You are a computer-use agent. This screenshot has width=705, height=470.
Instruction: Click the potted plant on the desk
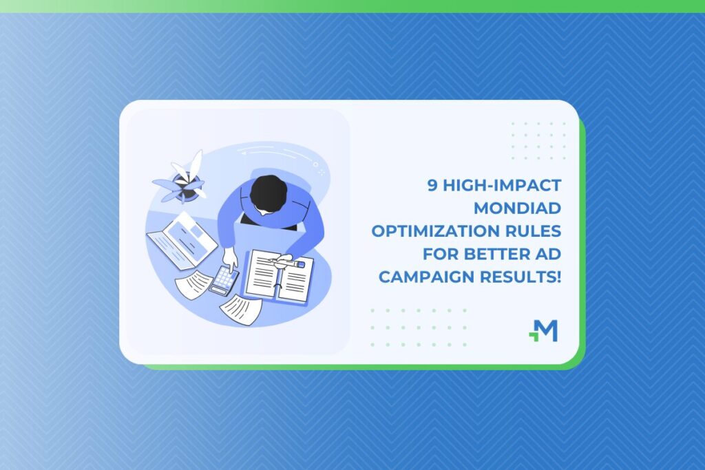(182, 180)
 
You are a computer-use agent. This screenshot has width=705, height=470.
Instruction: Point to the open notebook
(279, 276)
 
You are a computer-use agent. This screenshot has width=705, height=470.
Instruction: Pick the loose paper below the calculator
(240, 308)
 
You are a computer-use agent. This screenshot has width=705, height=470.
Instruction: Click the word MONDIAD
(523, 207)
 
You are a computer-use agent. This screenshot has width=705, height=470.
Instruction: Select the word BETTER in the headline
(486, 253)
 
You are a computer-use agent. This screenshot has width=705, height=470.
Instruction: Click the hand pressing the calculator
(230, 259)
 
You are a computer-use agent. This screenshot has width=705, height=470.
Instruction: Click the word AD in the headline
(548, 253)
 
